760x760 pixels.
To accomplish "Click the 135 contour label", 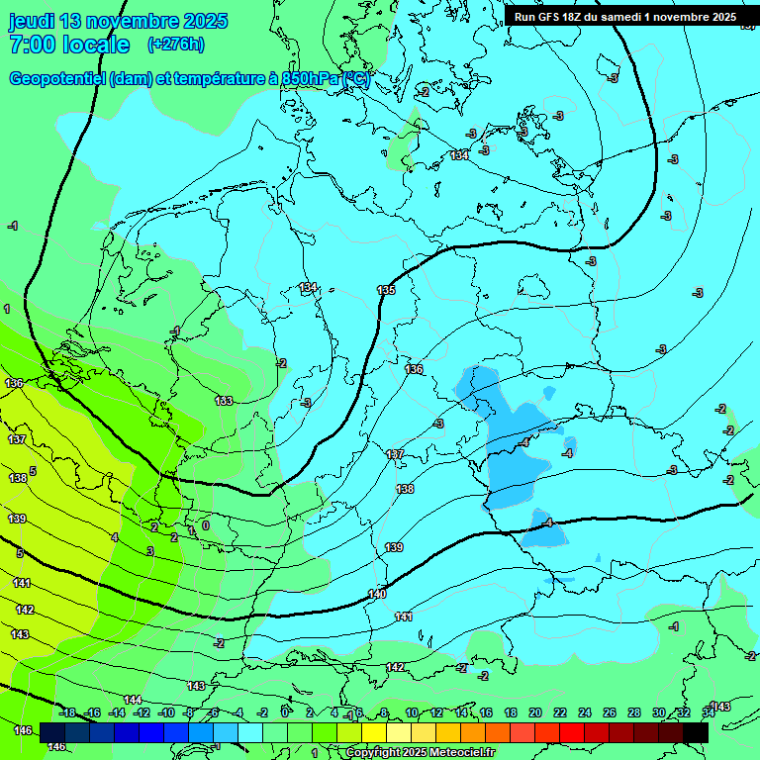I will pos(386,290).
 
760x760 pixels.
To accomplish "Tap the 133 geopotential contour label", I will pos(225,401).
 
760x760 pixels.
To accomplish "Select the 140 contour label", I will pos(377,594).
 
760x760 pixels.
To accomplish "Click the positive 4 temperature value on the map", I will pos(115,537).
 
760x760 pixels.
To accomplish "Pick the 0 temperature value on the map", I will pos(206,524).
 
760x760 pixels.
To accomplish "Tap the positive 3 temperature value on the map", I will pos(150,551).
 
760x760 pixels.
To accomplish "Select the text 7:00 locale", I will pos(69,45).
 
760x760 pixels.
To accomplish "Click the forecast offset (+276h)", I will pos(175,44).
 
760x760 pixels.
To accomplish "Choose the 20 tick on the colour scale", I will pos(535,712).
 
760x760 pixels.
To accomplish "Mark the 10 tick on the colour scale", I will pos(412,712).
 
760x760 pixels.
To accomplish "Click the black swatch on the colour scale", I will pos(695,732).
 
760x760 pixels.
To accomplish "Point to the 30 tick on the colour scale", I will pos(659,712).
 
